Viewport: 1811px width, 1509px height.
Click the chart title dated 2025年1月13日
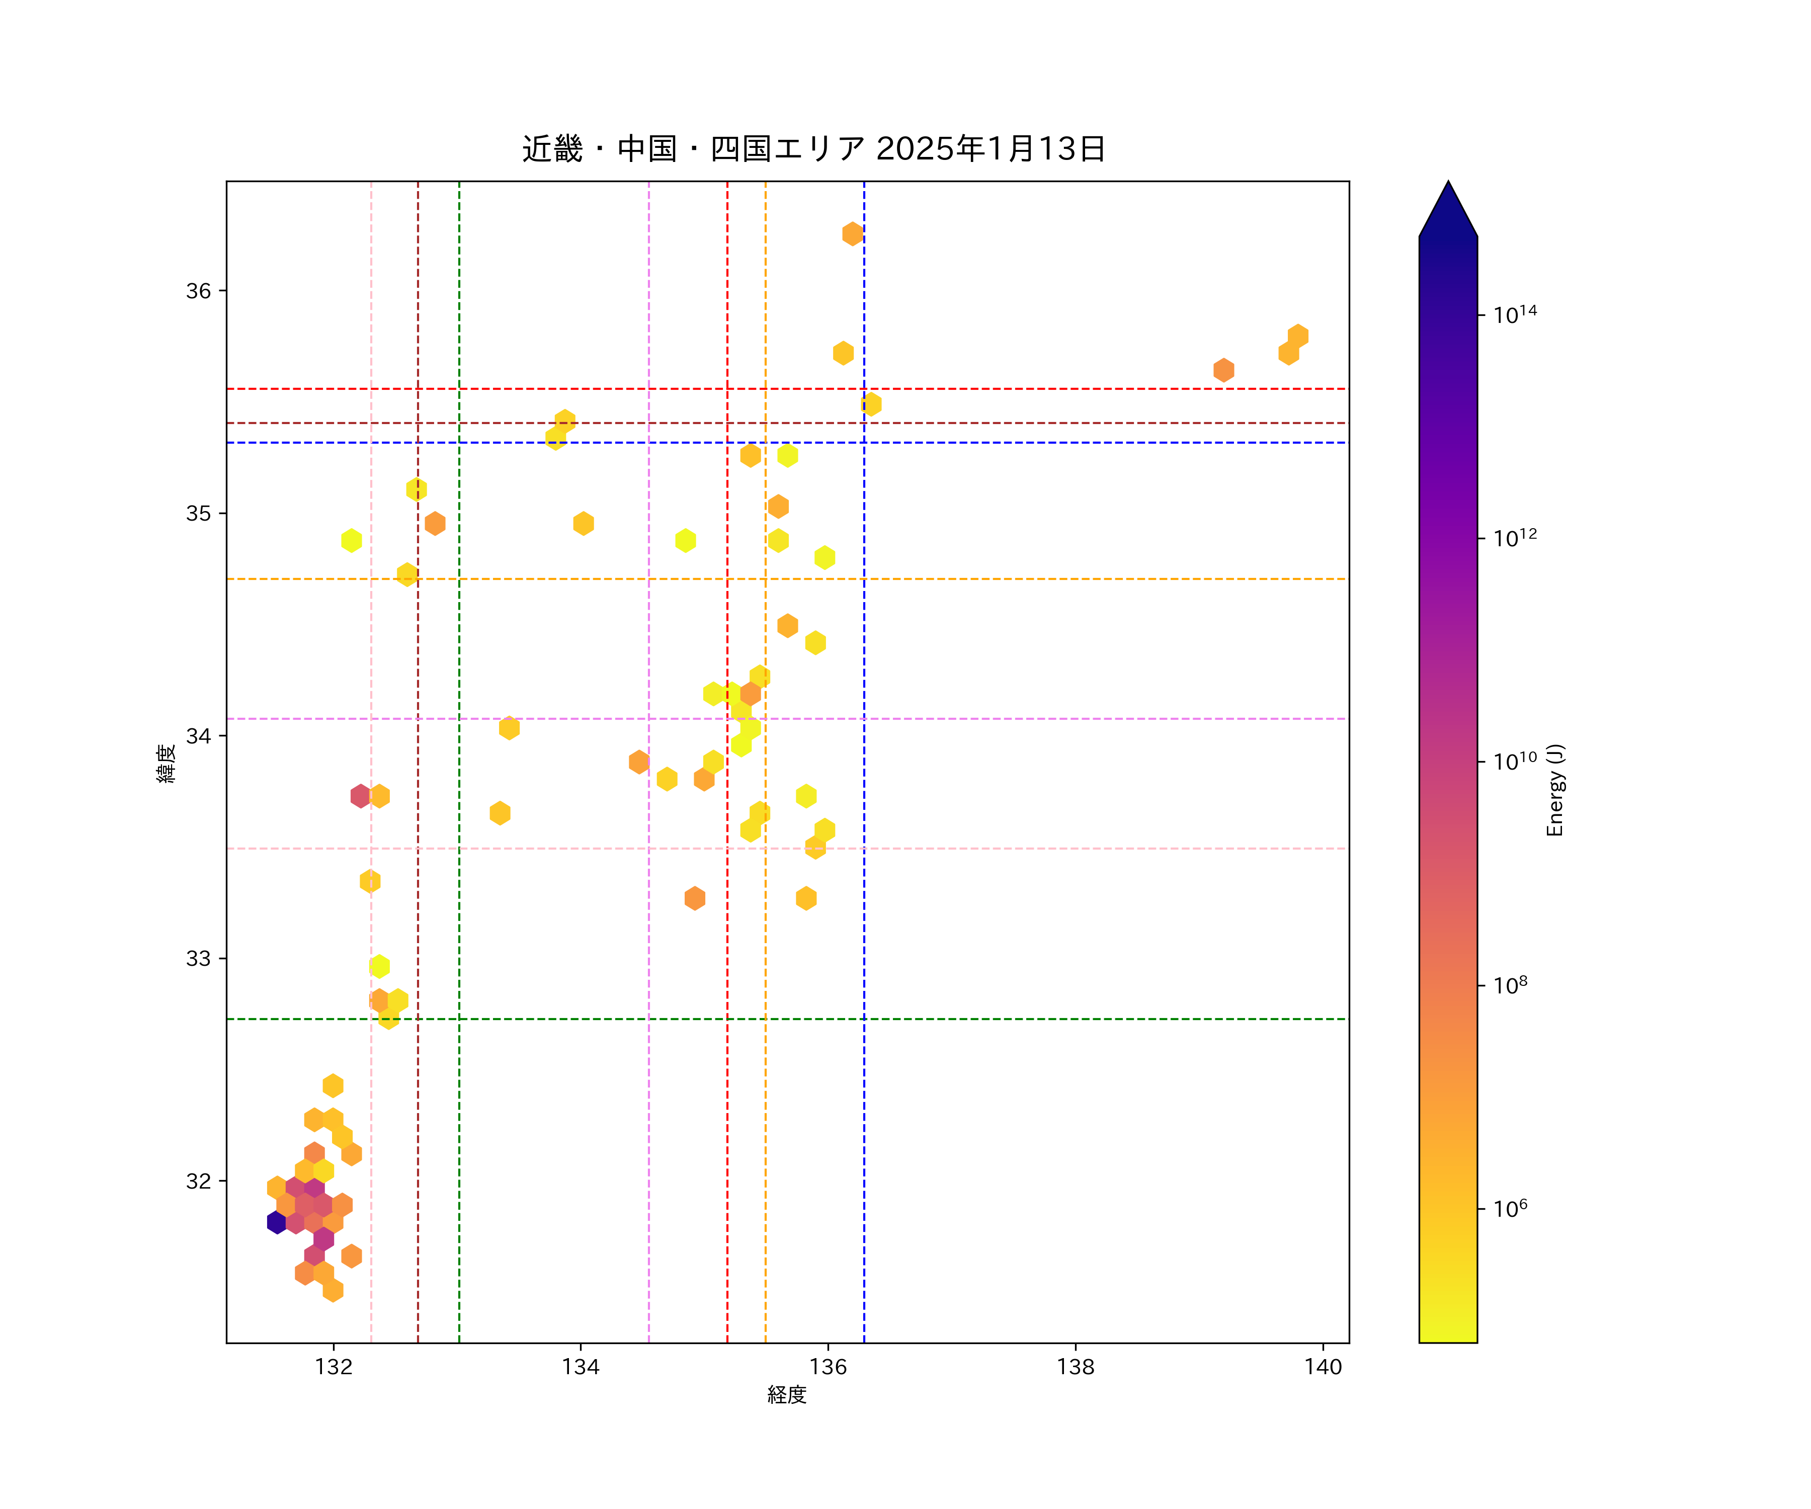coord(813,149)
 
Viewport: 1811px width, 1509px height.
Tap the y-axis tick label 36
coord(198,291)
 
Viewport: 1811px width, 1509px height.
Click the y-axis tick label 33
coord(198,959)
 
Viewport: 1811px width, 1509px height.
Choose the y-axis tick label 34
coord(198,736)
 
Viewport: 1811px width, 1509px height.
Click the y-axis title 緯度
coord(167,763)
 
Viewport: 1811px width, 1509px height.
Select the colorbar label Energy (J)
coord(1555,790)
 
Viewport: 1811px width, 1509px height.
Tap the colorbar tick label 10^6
coord(1511,1209)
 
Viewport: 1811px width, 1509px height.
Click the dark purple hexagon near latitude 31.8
coord(277,1222)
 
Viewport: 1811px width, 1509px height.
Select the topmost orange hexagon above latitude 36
coord(852,234)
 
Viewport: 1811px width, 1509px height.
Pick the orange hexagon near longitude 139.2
coord(1223,370)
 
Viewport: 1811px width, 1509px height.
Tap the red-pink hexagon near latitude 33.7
coord(361,796)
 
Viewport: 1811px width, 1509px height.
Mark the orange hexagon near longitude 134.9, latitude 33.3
coord(694,898)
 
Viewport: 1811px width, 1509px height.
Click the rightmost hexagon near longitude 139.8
coord(1298,336)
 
